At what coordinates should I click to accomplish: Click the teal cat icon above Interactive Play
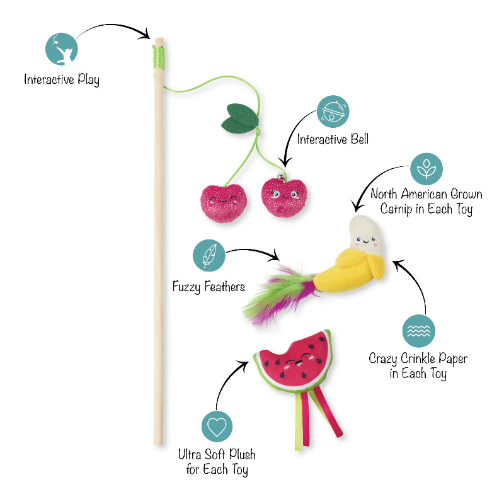(61, 49)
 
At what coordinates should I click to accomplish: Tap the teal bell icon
(333, 112)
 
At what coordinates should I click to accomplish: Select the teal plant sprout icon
(427, 169)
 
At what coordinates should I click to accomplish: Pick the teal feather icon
(209, 256)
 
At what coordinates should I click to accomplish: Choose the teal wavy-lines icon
(419, 331)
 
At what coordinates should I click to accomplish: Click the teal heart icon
(217, 427)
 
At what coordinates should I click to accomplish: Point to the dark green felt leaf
(240, 118)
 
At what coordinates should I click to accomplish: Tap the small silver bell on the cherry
(281, 176)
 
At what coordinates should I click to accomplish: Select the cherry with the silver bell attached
(284, 197)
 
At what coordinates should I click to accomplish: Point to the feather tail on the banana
(280, 294)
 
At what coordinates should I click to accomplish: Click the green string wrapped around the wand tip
(159, 57)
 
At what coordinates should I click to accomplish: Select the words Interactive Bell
(333, 139)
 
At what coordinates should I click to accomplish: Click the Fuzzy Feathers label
(209, 287)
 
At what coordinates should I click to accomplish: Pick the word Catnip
(396, 209)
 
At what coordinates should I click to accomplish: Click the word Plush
(243, 454)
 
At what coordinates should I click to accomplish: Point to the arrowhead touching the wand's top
(146, 34)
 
